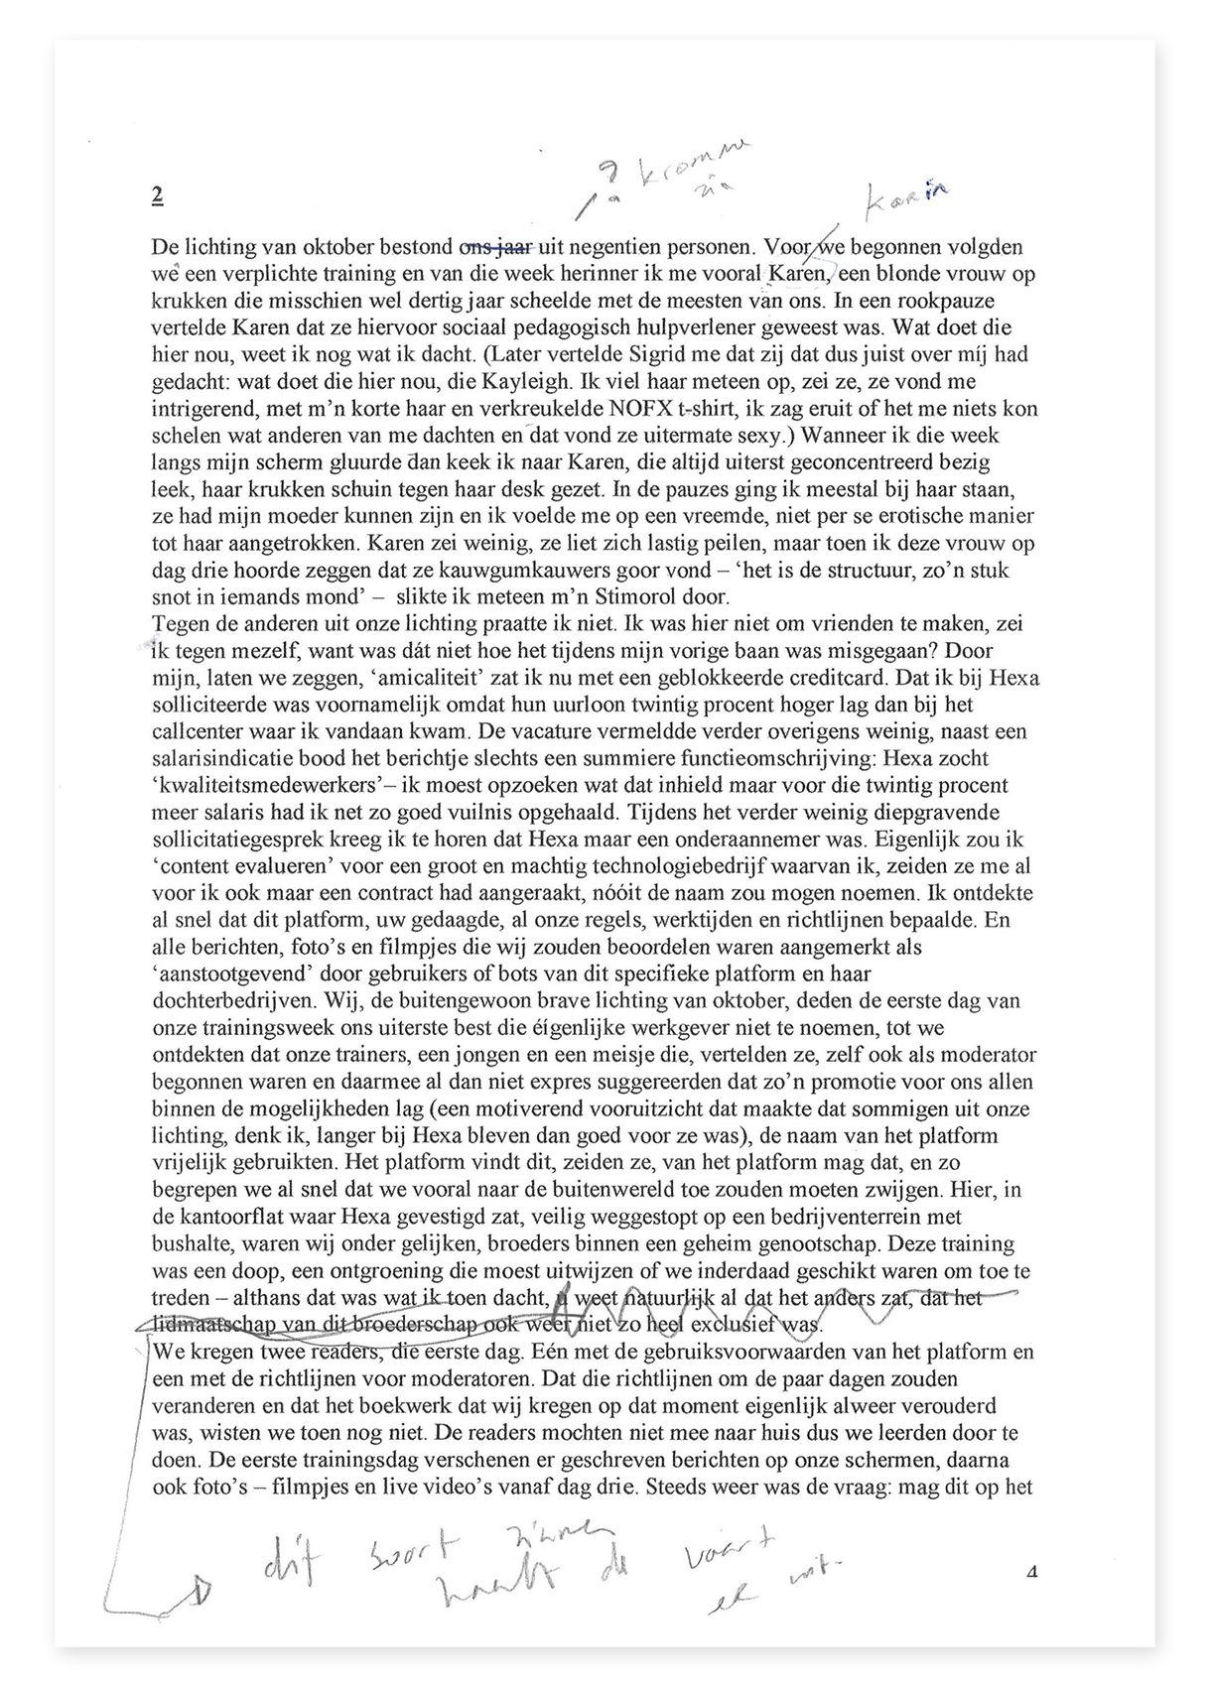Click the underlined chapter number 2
[x=158, y=195]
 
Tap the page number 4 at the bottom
[x=1032, y=1572]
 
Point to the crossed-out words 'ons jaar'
[x=496, y=246]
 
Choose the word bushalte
[x=192, y=1243]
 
